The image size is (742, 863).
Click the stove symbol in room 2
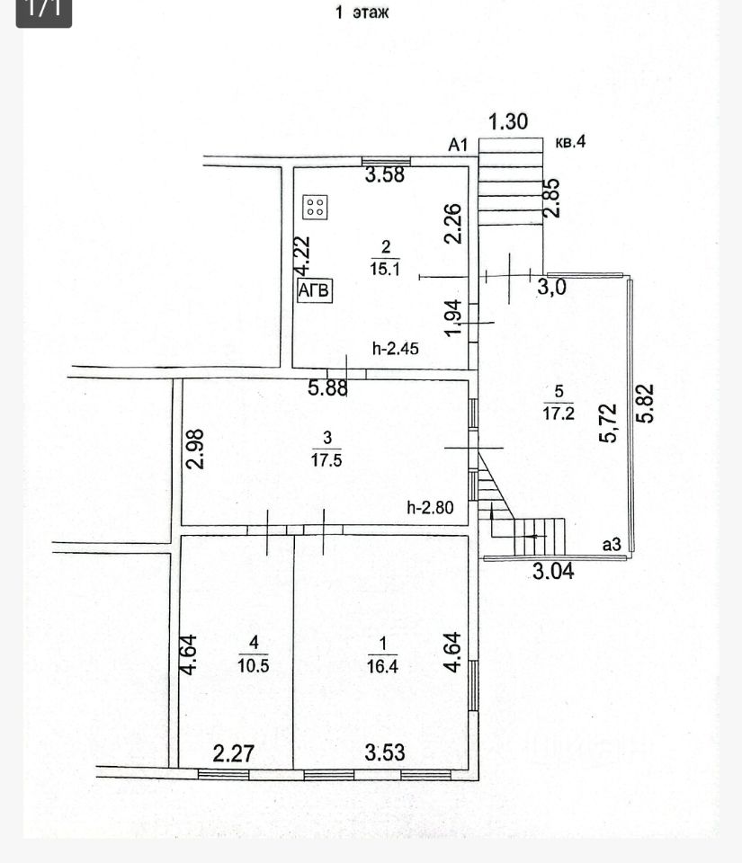316,207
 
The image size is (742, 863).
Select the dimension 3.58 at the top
384,175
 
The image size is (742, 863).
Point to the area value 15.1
385,268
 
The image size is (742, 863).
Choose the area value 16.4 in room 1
383,665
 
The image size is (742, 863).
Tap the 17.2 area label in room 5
559,412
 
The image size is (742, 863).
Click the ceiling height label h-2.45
397,349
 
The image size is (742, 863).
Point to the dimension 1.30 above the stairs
508,121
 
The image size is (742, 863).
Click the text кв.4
570,141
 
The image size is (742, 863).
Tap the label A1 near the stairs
460,144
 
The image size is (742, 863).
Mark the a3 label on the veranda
612,544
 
